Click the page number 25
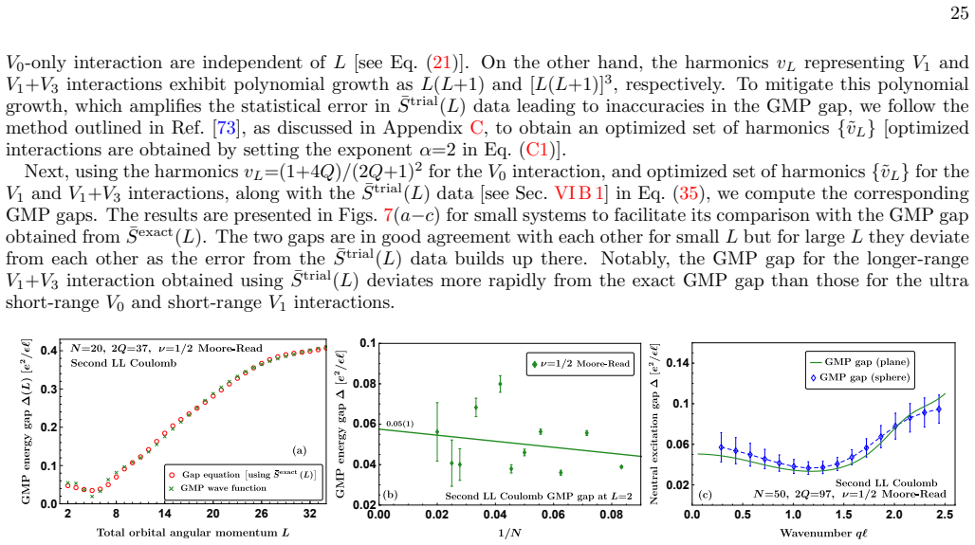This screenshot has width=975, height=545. [960, 13]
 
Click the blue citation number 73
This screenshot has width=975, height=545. [226, 128]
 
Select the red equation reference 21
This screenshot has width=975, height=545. [441, 63]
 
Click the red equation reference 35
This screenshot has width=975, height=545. [689, 193]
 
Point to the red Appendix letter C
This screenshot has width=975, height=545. [476, 128]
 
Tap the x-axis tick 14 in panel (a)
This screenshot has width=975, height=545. [164, 514]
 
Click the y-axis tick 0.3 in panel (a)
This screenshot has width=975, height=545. [48, 389]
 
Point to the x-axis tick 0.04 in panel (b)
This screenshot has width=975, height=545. [495, 515]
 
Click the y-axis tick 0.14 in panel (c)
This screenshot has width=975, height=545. [676, 362]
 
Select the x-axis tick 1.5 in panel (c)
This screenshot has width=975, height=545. [843, 515]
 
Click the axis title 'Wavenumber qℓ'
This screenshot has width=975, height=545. [823, 534]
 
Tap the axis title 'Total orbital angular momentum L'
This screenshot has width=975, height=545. [193, 533]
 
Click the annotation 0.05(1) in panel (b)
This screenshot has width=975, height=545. [400, 424]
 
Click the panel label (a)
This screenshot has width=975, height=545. [299, 450]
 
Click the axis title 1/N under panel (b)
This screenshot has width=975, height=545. [510, 534]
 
